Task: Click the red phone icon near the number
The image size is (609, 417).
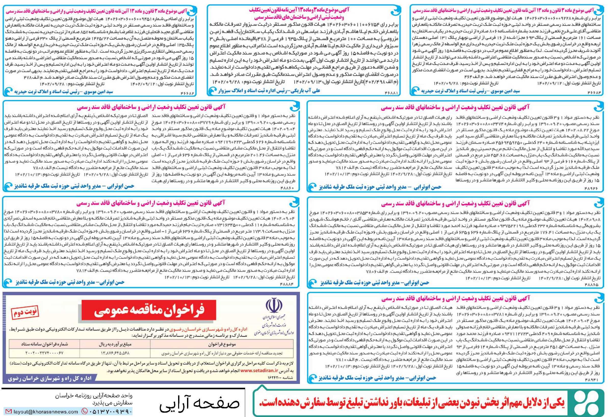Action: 85,411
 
